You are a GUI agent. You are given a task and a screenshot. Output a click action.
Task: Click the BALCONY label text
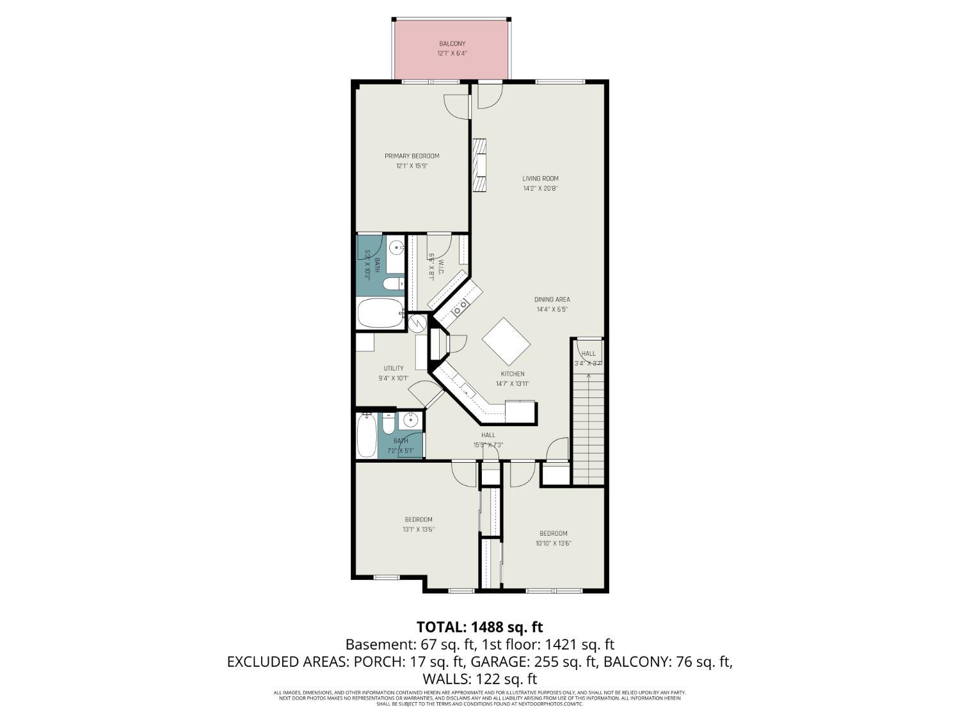[452, 44]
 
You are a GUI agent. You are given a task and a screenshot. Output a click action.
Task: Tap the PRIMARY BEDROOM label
[412, 156]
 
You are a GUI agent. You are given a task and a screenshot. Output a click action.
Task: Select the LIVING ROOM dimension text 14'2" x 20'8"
[540, 189]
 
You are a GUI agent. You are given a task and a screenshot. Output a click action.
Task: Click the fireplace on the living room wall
[479, 165]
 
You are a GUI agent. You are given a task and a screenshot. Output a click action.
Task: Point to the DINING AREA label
[552, 300]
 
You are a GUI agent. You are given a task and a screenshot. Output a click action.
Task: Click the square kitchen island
[506, 340]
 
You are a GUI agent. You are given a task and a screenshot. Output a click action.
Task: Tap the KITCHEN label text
[512, 374]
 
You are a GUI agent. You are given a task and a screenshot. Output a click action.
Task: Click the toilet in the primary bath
[392, 284]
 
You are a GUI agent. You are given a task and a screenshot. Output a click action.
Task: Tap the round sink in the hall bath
[410, 420]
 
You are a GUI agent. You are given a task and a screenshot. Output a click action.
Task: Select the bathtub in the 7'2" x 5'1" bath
[367, 435]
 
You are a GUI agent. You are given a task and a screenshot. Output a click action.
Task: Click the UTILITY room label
[394, 368]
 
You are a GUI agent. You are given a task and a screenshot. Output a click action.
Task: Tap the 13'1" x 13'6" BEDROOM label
[418, 519]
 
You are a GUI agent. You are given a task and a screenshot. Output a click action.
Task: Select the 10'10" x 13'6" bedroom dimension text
[553, 543]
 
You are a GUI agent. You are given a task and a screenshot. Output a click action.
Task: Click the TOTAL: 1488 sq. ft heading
[479, 627]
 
